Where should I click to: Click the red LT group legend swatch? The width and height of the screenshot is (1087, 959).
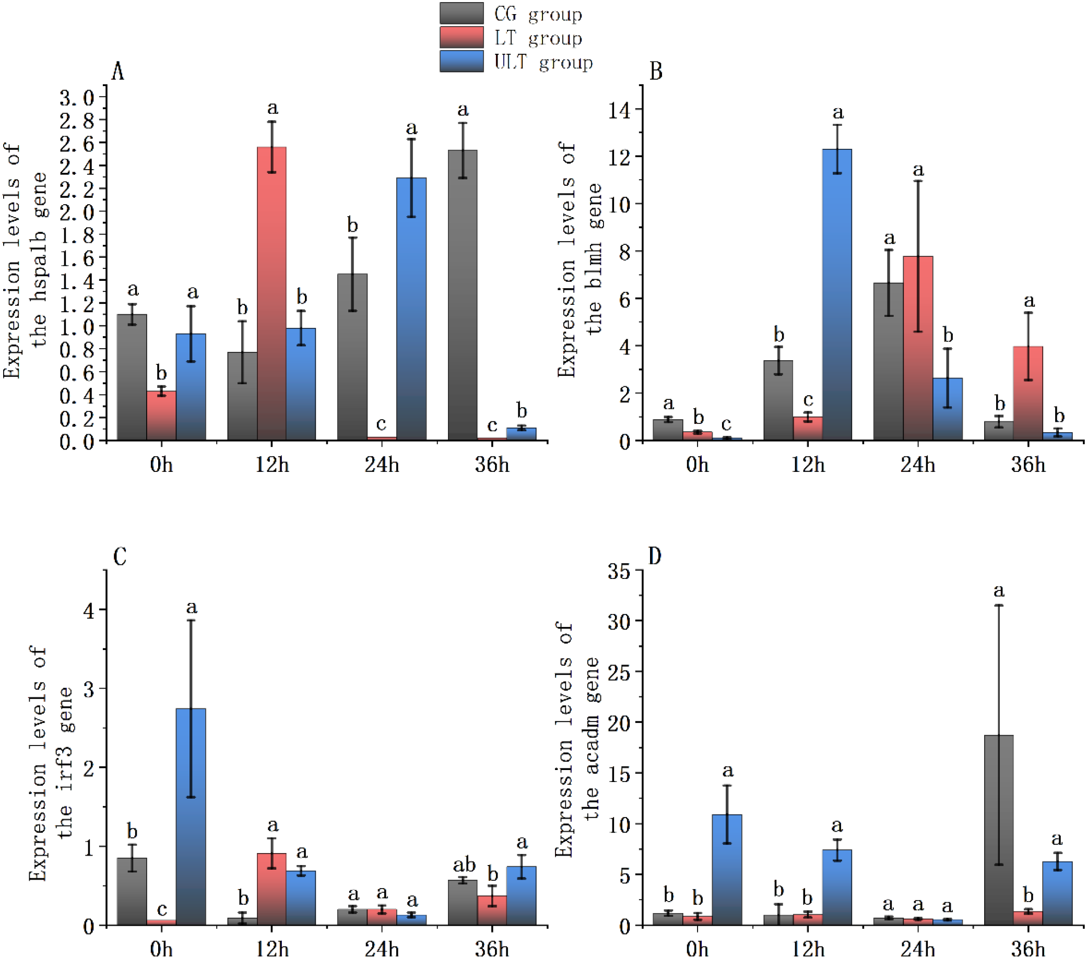point(461,37)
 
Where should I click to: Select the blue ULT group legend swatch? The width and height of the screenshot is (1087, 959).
point(461,61)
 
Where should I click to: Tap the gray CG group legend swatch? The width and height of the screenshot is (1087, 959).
point(461,13)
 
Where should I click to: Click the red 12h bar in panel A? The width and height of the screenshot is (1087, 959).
point(271,292)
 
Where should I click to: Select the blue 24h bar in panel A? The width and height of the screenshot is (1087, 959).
point(411,309)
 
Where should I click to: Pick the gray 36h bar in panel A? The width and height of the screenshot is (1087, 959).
point(462,295)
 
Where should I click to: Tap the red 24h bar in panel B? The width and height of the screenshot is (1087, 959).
point(918,348)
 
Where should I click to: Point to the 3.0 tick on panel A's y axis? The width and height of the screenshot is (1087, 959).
point(76,98)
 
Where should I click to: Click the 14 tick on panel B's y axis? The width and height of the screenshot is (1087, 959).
point(619,110)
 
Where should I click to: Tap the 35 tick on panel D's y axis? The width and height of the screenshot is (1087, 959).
point(619,572)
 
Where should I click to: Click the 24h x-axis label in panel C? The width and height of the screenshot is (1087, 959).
point(381,949)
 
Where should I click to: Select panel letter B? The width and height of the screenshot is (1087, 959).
point(656,72)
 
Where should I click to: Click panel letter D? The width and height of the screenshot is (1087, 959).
point(655,557)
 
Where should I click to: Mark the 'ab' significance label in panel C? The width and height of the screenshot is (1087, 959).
point(464,866)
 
